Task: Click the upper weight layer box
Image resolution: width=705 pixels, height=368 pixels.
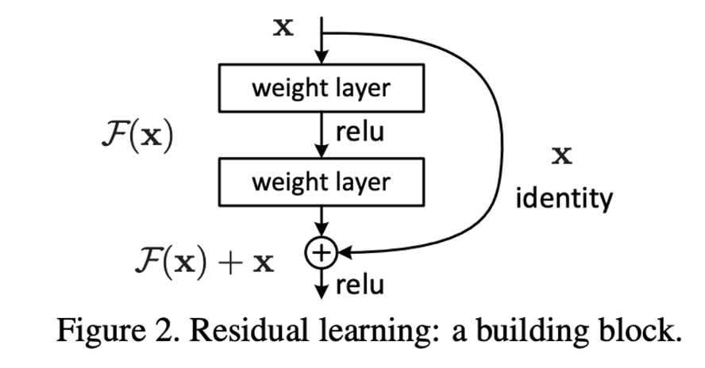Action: click(x=320, y=87)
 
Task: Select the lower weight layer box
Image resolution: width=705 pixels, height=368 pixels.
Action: click(x=320, y=182)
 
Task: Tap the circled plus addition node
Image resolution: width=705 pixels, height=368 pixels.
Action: click(x=321, y=253)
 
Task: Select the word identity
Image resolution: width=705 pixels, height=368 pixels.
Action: click(x=564, y=197)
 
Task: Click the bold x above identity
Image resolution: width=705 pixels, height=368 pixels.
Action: click(x=563, y=155)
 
